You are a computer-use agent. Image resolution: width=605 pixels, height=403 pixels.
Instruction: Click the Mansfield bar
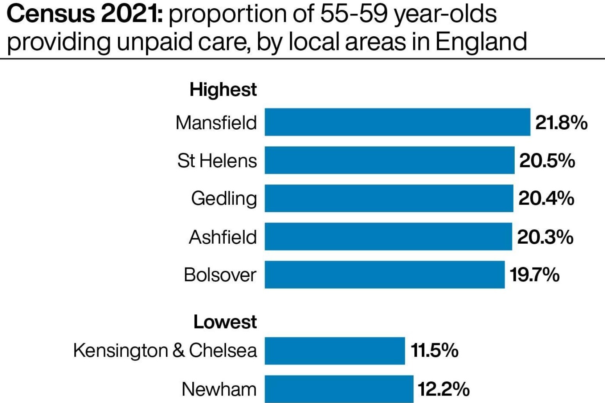(x=397, y=122)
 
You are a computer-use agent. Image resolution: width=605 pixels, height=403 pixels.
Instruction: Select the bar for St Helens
(x=389, y=160)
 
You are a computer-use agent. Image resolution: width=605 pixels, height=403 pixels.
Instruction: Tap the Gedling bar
(x=388, y=198)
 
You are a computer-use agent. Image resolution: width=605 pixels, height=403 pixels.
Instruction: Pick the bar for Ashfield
(x=388, y=237)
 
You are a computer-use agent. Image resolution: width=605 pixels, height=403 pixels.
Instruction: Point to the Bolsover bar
(x=384, y=275)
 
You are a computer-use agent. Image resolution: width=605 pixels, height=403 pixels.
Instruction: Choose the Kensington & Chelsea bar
(x=335, y=351)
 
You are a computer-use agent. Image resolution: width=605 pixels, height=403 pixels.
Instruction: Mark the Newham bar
(x=339, y=389)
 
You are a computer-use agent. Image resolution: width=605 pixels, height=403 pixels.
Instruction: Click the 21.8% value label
(x=561, y=123)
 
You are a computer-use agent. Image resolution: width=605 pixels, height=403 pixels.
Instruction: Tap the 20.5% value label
(x=547, y=160)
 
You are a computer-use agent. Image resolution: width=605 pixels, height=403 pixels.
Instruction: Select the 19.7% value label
(x=534, y=275)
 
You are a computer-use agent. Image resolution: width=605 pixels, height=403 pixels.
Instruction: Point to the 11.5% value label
(x=434, y=351)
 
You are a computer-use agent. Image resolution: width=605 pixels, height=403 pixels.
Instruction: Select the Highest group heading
(x=223, y=89)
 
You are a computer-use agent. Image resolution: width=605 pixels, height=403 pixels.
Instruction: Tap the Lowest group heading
(x=225, y=322)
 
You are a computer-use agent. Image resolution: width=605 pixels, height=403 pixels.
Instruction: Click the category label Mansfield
(x=216, y=123)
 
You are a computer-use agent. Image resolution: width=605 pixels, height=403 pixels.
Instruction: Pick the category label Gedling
(x=224, y=198)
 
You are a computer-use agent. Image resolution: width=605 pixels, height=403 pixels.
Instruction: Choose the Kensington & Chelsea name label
(x=165, y=351)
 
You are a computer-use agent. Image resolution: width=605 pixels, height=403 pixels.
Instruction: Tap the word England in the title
(x=481, y=42)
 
